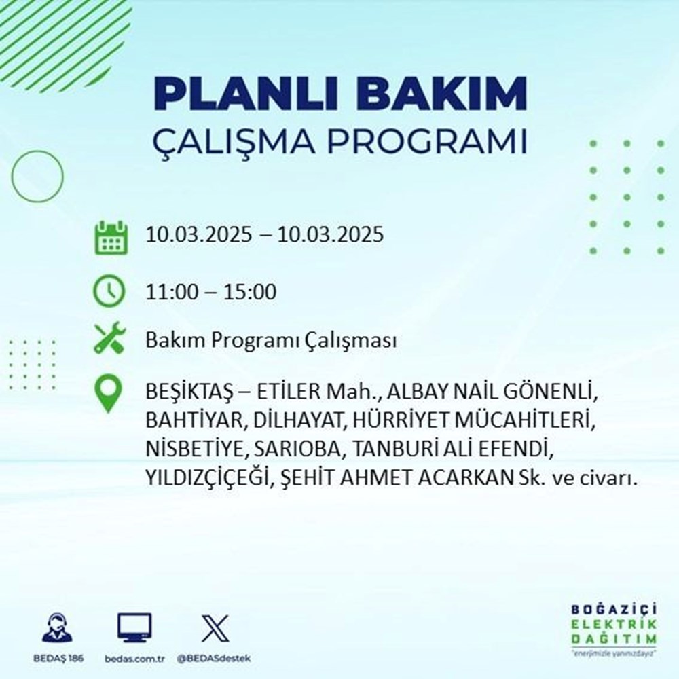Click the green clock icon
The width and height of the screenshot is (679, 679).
109,293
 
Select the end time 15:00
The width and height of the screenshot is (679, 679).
252,293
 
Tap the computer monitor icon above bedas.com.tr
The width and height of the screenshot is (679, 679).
134,627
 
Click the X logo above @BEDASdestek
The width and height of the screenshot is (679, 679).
215,627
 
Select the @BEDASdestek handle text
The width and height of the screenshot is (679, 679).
215,659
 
